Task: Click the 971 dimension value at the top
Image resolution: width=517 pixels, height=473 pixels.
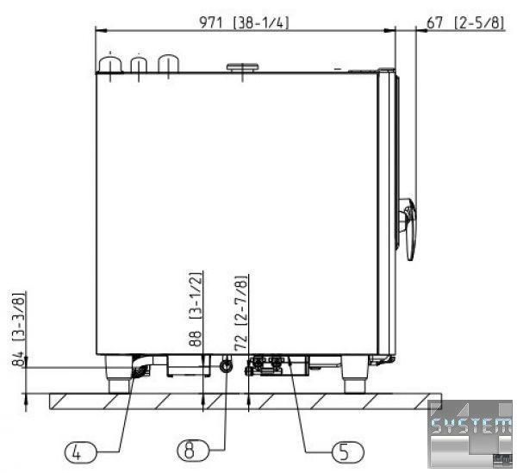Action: click(211, 22)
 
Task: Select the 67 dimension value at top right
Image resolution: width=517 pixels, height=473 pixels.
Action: click(434, 23)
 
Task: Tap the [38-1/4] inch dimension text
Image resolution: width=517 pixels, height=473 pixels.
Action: click(261, 22)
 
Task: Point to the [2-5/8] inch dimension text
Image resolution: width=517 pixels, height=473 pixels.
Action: click(479, 23)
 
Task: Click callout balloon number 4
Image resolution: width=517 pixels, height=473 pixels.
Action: click(80, 452)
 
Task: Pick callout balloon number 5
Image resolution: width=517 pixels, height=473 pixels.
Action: click(348, 452)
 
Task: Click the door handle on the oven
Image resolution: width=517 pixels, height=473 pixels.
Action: click(408, 228)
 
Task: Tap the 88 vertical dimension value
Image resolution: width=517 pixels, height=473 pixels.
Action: click(195, 339)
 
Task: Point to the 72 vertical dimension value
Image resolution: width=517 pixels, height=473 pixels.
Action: click(240, 342)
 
